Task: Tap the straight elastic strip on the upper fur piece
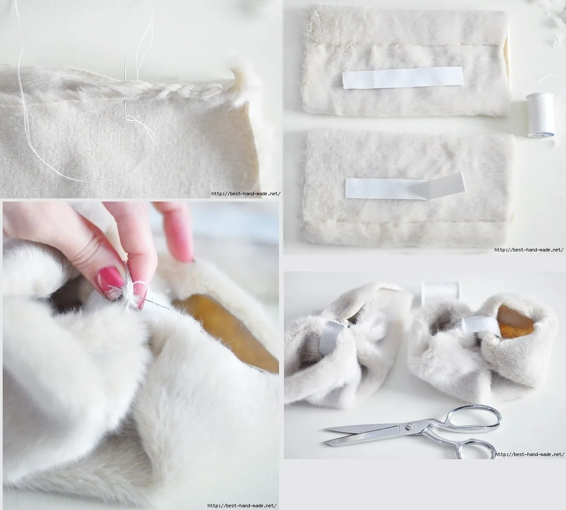point(403,78)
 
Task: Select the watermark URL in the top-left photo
point(246,194)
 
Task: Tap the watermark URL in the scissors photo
point(530,454)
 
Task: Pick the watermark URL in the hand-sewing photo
point(242,506)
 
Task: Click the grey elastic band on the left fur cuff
point(331,336)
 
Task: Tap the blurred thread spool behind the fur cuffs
point(440,293)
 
